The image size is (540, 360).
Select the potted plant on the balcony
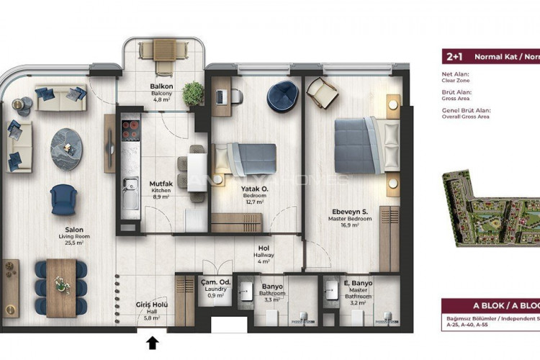[x=193, y=92]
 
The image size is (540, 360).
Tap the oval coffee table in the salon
[x=66, y=149]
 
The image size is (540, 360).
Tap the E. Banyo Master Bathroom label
[x=357, y=289]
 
